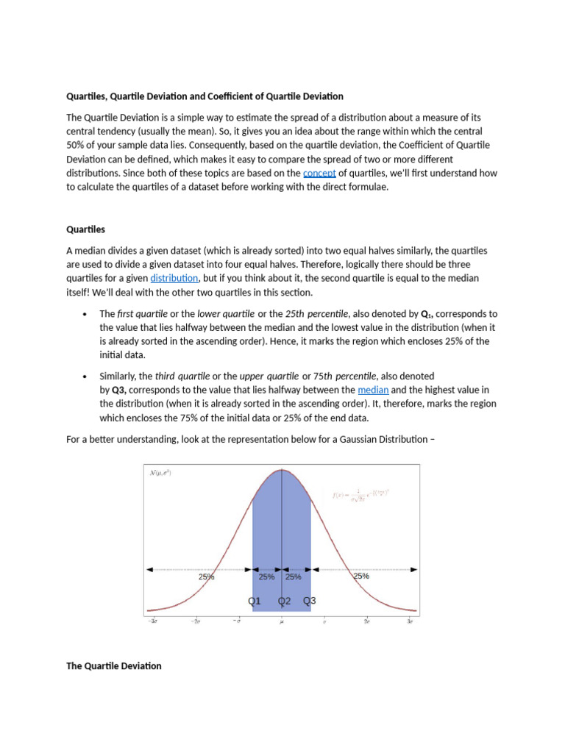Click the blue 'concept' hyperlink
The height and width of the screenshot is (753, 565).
(x=319, y=174)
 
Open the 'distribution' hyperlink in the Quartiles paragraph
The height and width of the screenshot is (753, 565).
(x=174, y=279)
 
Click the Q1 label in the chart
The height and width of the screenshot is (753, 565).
(x=255, y=601)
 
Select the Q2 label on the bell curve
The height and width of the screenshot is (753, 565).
(x=284, y=601)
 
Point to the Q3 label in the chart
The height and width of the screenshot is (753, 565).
(x=310, y=601)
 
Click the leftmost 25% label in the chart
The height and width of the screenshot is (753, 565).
(x=206, y=577)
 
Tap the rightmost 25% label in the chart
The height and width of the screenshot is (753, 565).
(x=361, y=577)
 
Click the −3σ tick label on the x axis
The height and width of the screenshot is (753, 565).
(x=153, y=622)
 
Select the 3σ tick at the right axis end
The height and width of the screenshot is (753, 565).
(x=411, y=622)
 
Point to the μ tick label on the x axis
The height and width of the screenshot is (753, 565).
(x=282, y=622)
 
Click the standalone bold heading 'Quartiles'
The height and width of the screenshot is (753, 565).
(x=86, y=229)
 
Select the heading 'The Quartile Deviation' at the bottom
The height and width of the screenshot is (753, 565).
(x=114, y=666)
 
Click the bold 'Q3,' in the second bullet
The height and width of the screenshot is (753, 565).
(x=122, y=390)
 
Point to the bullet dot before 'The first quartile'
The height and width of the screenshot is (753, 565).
(x=85, y=314)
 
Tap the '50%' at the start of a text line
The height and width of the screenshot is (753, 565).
(x=77, y=145)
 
